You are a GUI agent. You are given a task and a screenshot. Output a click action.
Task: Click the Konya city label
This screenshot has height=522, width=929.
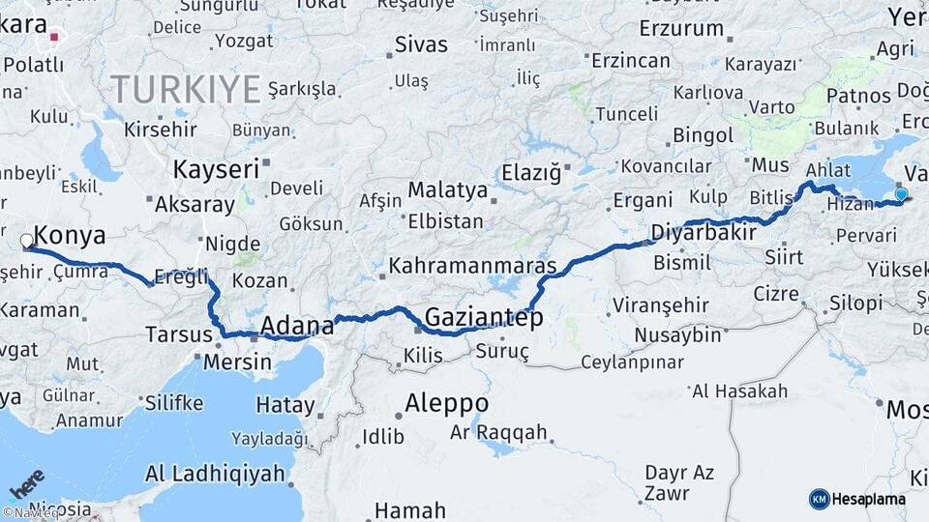click(70, 235)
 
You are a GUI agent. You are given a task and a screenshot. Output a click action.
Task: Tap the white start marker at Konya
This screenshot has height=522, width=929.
click(26, 240)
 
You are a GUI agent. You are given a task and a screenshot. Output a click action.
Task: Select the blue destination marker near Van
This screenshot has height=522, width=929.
click(901, 194)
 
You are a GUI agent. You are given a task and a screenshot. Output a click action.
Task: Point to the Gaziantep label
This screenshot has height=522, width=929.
click(484, 317)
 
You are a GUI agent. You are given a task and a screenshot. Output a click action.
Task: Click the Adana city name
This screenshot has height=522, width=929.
click(298, 326)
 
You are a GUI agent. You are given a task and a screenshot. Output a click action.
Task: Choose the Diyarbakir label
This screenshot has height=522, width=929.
click(703, 233)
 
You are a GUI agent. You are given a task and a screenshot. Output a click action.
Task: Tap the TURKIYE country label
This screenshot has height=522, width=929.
click(186, 90)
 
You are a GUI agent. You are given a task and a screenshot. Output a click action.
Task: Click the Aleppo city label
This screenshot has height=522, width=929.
click(447, 402)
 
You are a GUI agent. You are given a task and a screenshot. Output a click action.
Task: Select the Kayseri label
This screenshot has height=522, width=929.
click(216, 169)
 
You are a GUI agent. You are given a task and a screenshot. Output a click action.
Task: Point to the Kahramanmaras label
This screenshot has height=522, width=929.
click(473, 265)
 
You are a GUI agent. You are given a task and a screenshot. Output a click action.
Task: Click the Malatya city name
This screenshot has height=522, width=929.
click(447, 189)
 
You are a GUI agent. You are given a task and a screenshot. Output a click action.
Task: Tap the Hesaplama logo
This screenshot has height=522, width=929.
click(857, 499)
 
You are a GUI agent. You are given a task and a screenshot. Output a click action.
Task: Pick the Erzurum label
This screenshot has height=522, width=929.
click(688, 28)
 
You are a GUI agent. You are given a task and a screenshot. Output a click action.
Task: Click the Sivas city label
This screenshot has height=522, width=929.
click(422, 44)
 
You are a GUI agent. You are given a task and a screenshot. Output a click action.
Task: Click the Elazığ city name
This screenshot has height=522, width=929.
click(531, 173)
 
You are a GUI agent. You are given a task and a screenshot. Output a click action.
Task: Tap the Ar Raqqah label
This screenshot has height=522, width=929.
click(498, 432)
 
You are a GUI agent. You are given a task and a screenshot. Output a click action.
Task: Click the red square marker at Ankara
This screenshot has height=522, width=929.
click(55, 39)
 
